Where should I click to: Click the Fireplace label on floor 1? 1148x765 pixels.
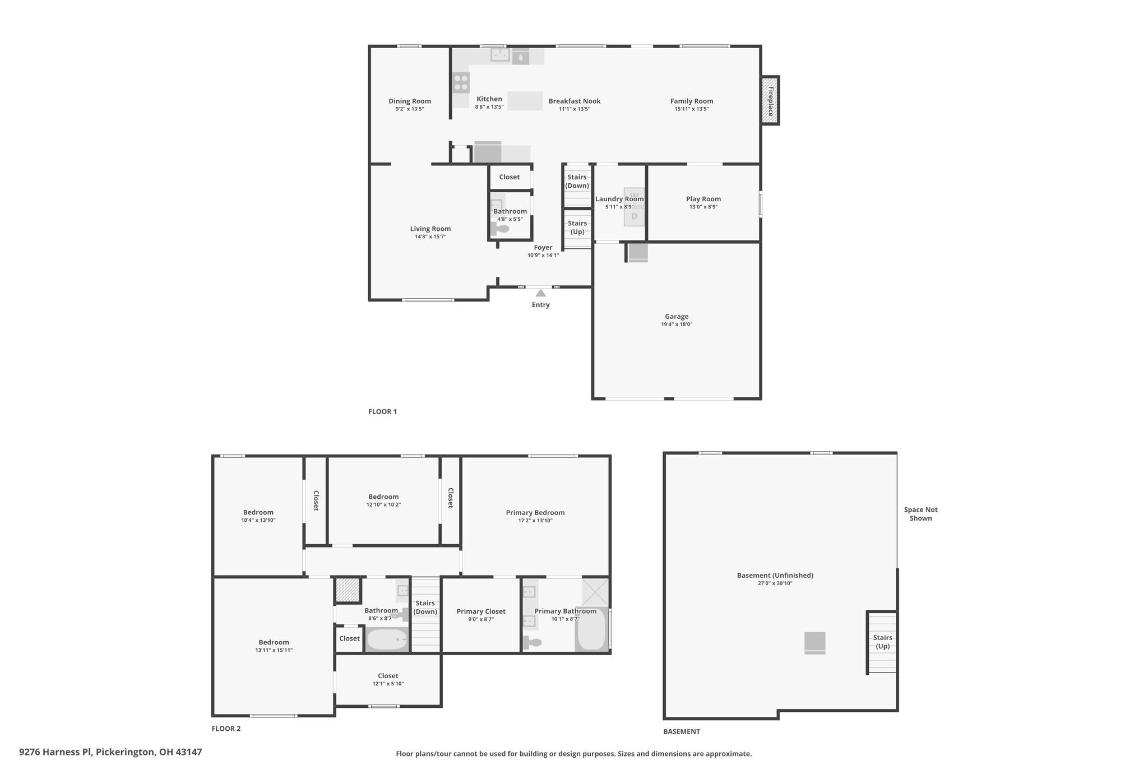[771, 101]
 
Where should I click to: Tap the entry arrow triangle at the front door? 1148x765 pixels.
[540, 293]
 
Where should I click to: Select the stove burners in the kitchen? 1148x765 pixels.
[461, 83]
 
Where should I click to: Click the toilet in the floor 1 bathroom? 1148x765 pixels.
[501, 229]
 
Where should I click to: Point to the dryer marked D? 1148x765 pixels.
[635, 216]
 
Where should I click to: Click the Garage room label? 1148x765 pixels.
[677, 317]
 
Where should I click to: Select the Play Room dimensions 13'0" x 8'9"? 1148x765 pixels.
[703, 207]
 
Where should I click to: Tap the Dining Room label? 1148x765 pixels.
[410, 101]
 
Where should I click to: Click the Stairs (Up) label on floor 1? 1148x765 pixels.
[577, 228]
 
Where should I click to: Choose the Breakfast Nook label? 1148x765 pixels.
[575, 101]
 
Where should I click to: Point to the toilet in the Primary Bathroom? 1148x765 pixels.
[533, 643]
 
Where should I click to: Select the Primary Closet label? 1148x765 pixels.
[481, 611]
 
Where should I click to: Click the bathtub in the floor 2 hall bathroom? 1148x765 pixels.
[387, 639]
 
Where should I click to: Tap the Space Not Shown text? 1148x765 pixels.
[920, 514]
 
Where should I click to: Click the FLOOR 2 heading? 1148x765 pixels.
[226, 729]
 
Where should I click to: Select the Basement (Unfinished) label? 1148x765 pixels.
[775, 575]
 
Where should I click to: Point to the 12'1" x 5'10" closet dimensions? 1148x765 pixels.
[388, 684]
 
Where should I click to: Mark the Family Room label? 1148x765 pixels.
[692, 101]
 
